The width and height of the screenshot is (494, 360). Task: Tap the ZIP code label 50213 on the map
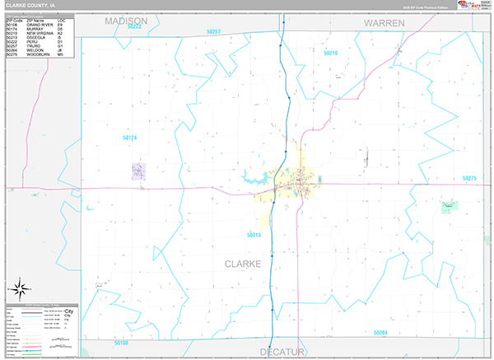[x=254, y=235]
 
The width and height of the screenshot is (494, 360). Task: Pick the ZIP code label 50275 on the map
[x=469, y=178]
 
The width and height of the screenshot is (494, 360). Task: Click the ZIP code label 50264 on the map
[x=380, y=332]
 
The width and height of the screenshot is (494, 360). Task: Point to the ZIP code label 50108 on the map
[x=122, y=342]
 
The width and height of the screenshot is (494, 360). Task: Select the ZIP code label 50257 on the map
[x=213, y=31]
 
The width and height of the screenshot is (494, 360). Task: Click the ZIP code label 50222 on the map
[x=134, y=27]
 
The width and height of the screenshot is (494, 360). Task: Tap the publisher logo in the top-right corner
[x=474, y=6]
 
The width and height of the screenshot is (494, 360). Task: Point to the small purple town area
[x=138, y=171]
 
